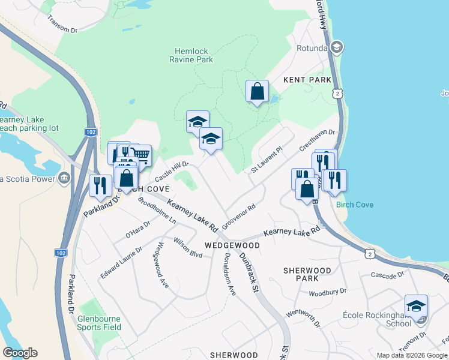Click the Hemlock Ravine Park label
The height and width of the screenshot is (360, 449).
194,56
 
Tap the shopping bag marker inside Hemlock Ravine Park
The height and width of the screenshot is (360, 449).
257,92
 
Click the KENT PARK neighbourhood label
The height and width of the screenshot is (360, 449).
308,80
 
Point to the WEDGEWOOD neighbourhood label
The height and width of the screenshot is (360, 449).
232,245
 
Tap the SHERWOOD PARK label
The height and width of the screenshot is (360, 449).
308,274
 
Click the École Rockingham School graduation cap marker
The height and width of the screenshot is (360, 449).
415,306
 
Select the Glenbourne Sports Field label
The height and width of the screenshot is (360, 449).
99,323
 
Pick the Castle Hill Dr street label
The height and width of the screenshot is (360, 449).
172,171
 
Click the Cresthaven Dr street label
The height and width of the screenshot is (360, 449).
316,142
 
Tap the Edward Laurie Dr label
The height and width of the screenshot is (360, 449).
121,262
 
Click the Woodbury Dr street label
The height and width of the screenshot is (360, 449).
327,293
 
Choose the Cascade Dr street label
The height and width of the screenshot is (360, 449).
387,275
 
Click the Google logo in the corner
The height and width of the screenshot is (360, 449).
20,353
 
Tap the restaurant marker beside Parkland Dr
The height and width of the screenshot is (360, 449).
100,185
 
